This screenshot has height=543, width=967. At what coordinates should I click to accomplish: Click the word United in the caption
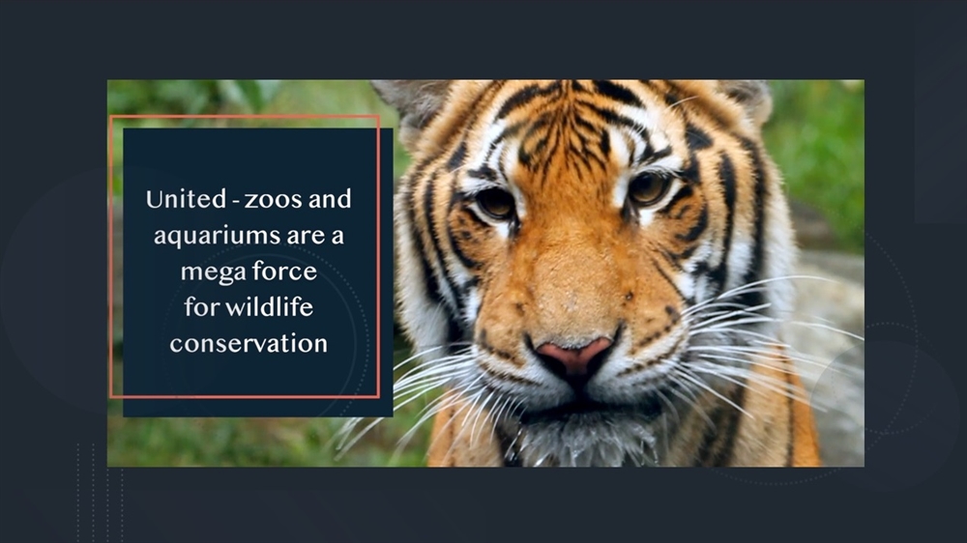[186, 200]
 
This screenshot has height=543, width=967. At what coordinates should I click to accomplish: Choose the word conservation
[249, 343]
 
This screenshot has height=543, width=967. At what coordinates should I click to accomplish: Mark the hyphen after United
[235, 202]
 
